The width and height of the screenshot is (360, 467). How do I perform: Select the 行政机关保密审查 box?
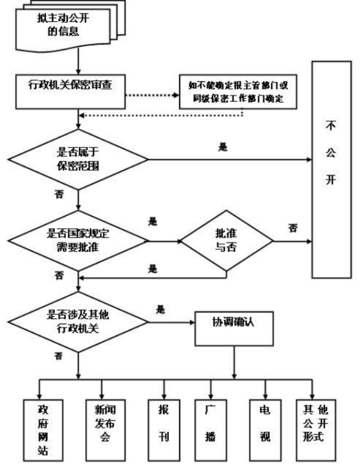tap(70, 92)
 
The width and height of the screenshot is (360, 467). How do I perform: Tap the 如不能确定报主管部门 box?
tap(238, 92)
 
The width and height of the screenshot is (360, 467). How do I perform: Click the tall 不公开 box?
tap(332, 170)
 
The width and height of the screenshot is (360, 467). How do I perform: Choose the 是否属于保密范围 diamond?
tap(78, 160)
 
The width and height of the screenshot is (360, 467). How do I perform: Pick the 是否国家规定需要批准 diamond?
tap(78, 241)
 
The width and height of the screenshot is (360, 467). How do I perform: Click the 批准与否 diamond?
tap(227, 241)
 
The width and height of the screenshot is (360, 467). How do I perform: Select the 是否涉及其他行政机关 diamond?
tap(78, 322)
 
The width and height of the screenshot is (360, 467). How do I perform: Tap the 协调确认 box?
tap(234, 329)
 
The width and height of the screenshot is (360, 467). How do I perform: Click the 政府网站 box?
tap(43, 430)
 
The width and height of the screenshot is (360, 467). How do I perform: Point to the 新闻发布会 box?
tap(105, 430)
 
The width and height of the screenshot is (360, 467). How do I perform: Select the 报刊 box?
tap(164, 430)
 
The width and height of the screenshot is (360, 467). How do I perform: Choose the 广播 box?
tap(211, 430)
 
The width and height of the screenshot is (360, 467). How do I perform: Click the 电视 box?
tap(265, 430)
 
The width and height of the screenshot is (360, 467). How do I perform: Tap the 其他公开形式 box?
tap(316, 430)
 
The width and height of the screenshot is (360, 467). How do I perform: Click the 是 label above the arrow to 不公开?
tap(223, 147)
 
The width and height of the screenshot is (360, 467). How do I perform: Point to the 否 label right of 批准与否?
tap(293, 228)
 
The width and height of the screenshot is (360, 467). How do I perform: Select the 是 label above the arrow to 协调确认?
tap(160, 310)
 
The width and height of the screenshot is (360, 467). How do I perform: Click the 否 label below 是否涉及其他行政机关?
tap(59, 356)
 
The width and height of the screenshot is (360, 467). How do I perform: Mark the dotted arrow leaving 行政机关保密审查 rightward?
tap(152, 95)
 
